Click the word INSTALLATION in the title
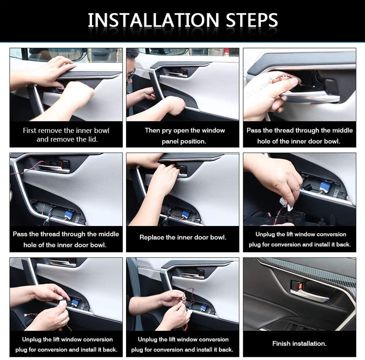point(153,20)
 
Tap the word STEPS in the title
point(252,20)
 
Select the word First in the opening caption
point(30,130)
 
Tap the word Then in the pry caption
point(152,130)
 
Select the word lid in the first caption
point(93,139)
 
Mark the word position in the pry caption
point(194,141)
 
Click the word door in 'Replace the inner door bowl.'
point(202,237)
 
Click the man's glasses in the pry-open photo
point(130,75)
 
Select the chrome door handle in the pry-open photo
point(178,74)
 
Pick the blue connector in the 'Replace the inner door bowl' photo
point(186,214)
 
